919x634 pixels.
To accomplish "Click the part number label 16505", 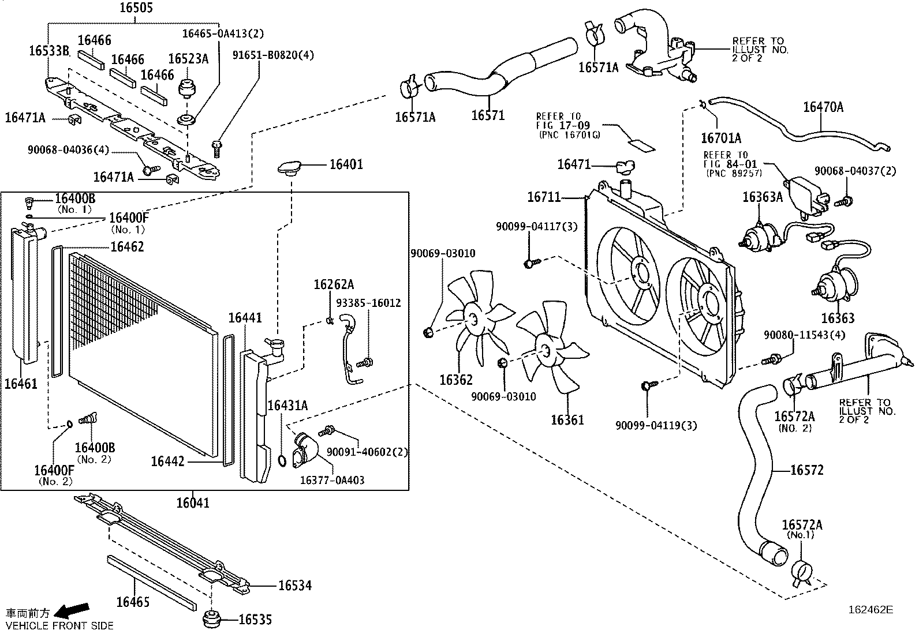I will point(136,8).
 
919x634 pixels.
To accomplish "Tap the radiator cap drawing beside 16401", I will point(290,167).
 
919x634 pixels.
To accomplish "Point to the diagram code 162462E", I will point(870,609).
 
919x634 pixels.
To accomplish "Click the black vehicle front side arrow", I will point(74,609).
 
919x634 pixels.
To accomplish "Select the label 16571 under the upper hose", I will point(488,115).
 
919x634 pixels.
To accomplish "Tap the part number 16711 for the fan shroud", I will point(543,197).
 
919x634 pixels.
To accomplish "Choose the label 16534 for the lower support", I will point(294,586).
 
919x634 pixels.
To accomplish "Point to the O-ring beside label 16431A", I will point(282,460).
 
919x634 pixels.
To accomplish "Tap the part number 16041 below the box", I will point(192,503).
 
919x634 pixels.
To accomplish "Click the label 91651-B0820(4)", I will point(273,55).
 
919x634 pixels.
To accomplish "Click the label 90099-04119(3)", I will point(656,426).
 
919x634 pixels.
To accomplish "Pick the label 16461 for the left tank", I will point(21,383).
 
